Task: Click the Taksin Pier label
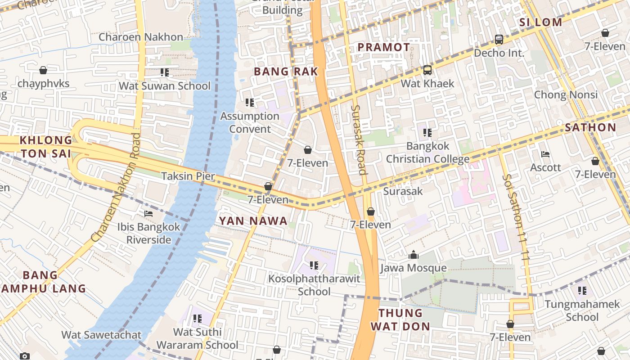pos(188,176)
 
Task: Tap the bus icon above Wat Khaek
pos(427,70)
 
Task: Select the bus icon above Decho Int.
pos(499,40)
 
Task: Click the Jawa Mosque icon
pos(413,255)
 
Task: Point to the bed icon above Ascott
pos(545,154)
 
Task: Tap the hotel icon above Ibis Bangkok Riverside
pos(148,214)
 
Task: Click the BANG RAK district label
pos(286,72)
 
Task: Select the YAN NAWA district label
pos(253,220)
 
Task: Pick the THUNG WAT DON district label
pos(400,319)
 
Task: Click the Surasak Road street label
pos(359,139)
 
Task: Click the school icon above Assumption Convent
pos(250,103)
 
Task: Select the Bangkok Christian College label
pos(427,153)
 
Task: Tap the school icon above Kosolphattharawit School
pos(314,265)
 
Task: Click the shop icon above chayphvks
pos(43,70)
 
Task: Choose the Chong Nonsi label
pos(566,94)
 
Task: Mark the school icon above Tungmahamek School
pos(582,291)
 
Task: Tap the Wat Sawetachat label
pos(101,335)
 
